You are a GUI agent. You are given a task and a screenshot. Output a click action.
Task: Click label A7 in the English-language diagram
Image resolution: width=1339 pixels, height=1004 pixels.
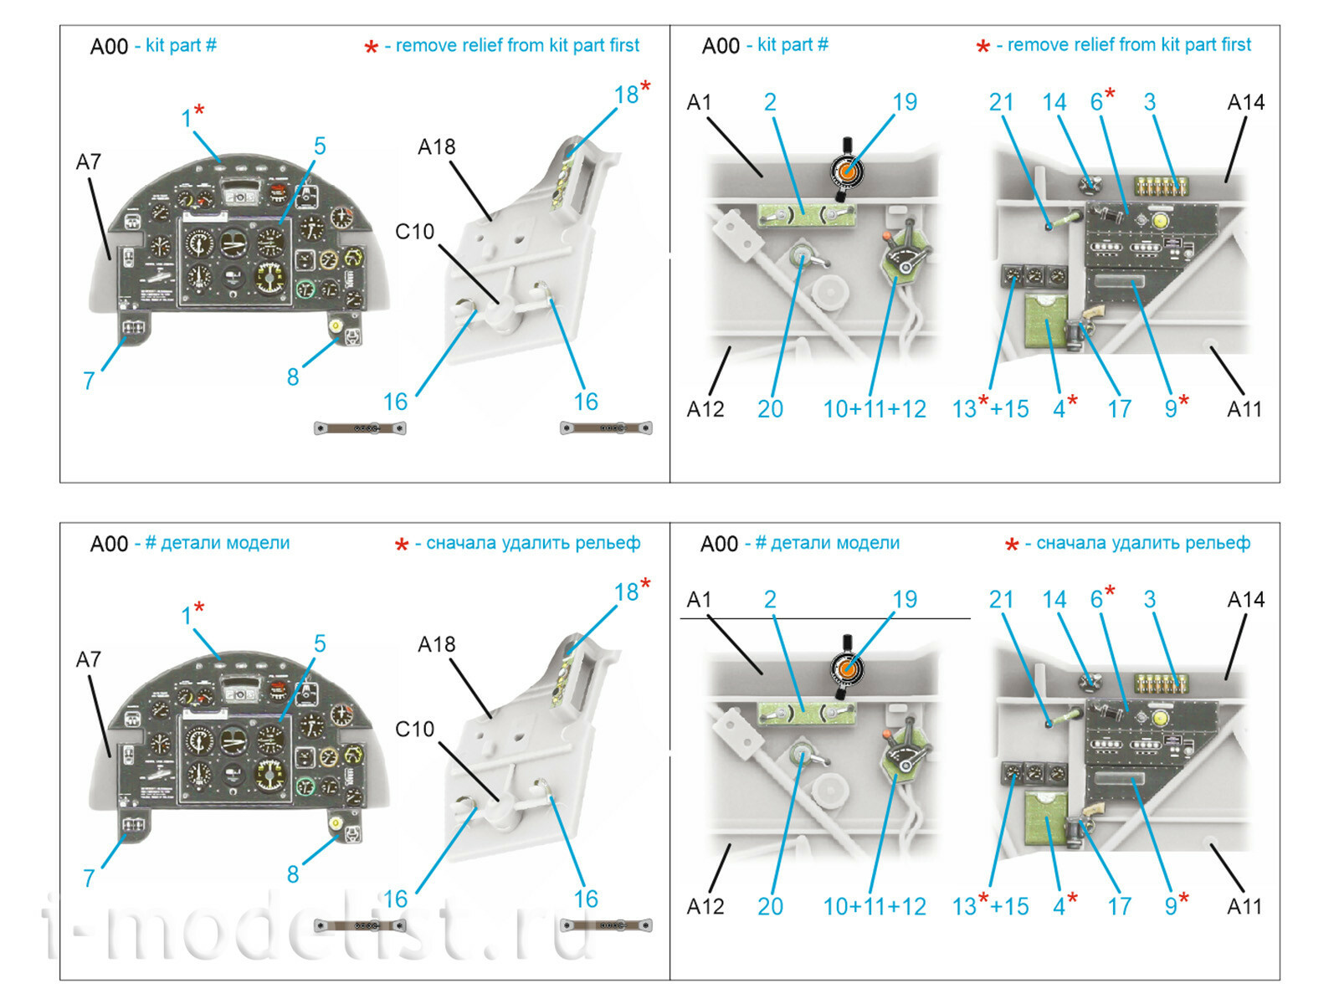[89, 161]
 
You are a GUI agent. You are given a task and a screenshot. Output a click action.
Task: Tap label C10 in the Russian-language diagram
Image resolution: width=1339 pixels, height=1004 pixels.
[414, 729]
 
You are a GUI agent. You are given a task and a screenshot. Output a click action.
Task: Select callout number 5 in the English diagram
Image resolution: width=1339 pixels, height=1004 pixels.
[320, 146]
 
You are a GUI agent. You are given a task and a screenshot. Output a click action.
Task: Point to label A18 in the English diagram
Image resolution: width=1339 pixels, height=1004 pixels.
[436, 147]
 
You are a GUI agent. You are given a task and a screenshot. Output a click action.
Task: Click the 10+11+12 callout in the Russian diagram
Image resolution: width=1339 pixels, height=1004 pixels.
[874, 906]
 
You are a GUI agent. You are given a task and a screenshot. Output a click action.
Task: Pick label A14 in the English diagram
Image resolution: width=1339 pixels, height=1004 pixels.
[1245, 103]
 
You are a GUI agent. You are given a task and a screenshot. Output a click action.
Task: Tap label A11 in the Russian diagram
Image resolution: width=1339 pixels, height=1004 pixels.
[1244, 906]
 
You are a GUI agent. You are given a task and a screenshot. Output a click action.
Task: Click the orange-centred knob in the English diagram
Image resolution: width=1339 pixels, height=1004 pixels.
[847, 171]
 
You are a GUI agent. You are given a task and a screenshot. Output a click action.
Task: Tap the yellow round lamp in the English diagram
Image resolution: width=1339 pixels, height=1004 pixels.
[1160, 220]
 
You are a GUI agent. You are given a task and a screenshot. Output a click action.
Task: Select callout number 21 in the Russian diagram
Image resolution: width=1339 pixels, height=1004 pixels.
[1001, 600]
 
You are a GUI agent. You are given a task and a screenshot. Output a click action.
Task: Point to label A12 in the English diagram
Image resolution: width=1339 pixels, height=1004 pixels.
[705, 409]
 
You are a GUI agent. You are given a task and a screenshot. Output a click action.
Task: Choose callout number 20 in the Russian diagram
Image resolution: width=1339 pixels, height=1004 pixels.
[770, 906]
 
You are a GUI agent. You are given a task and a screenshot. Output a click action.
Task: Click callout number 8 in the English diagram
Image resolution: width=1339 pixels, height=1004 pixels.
[293, 377]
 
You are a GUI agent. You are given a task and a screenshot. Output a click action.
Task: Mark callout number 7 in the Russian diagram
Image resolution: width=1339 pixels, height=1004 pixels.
[89, 878]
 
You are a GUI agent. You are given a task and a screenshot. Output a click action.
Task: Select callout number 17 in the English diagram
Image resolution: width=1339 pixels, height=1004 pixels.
[1119, 409]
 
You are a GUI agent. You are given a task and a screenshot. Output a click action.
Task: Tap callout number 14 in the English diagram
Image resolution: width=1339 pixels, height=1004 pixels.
[1054, 103]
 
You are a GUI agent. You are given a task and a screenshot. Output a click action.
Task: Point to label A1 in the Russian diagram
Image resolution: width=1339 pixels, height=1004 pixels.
[699, 600]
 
